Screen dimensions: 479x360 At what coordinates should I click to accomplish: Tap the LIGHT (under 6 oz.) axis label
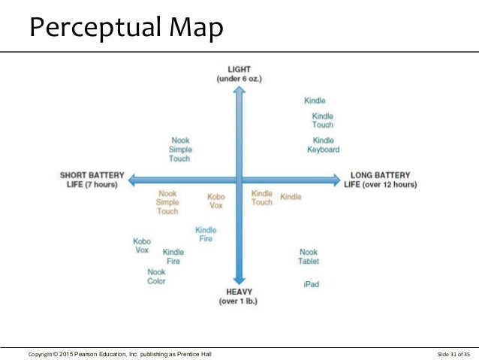239,74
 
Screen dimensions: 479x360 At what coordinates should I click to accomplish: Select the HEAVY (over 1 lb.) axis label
239,297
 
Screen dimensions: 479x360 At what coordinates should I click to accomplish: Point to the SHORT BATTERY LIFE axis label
89,180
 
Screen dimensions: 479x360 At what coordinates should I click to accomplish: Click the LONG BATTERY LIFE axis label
380,180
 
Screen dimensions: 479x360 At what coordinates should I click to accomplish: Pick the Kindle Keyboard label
324,145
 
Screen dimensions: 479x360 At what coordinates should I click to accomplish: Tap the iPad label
312,284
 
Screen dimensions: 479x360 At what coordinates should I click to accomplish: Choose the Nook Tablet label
309,257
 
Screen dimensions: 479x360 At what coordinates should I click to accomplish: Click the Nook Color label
157,277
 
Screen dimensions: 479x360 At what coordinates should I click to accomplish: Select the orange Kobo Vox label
216,201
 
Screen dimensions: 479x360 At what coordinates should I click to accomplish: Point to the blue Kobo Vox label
142,246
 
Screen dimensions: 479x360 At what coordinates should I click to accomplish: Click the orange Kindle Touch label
262,198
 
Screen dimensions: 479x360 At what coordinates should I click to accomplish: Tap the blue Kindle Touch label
323,120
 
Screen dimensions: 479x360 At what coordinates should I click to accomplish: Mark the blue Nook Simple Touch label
180,149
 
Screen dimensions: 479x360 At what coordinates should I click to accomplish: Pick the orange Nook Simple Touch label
167,202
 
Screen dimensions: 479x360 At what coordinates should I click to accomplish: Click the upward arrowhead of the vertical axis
239,91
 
